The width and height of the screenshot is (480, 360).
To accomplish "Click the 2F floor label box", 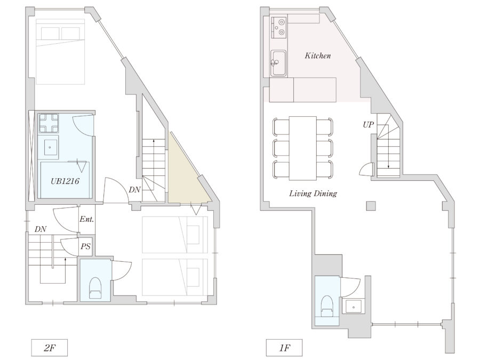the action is (49, 348).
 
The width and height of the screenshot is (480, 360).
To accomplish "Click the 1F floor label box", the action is (284, 348).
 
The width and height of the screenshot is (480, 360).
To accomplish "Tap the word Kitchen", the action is (318, 55).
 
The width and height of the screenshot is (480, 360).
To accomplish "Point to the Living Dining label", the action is (313, 194).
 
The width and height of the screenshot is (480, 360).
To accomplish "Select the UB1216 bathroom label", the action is (65, 181).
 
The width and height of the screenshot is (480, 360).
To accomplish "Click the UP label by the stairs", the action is (368, 125).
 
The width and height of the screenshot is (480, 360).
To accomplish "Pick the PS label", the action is (86, 246).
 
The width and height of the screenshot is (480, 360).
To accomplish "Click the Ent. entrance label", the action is (86, 219).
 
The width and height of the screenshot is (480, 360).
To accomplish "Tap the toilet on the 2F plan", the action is (95, 288).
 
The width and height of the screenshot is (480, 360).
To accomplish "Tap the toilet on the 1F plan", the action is (327, 306).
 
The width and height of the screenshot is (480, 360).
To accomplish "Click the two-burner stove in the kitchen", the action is (279, 28).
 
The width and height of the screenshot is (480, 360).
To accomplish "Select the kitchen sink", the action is (278, 63).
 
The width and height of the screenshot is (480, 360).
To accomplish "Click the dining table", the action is (303, 148).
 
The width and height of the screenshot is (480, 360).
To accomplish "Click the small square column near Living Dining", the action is (371, 206).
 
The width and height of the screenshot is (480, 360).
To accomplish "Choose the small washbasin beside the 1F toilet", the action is (354, 307).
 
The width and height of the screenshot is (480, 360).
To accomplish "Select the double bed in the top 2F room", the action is (60, 51).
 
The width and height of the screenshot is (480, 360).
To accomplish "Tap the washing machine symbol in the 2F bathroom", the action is (49, 123).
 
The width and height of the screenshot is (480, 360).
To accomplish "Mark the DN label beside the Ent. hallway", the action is (41, 229).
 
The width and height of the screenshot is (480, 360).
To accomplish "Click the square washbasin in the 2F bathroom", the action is (50, 147).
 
